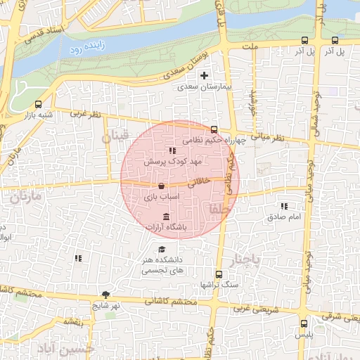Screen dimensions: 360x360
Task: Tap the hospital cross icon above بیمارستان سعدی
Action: pyautogui.click(x=205, y=75)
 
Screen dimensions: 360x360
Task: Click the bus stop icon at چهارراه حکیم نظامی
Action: pyautogui.click(x=214, y=129)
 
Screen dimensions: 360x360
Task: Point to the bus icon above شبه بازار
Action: pyautogui.click(x=38, y=104)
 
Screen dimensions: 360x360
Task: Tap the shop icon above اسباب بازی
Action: pyautogui.click(x=162, y=186)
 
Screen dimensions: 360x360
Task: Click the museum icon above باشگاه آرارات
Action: pyautogui.click(x=165, y=216)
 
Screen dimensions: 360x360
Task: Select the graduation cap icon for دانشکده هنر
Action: pyautogui.click(x=162, y=250)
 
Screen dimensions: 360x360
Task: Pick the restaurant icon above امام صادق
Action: pyautogui.click(x=284, y=206)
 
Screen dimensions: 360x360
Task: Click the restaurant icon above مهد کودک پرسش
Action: pyautogui.click(x=172, y=150)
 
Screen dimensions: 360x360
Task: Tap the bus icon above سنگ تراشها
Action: pyautogui.click(x=219, y=274)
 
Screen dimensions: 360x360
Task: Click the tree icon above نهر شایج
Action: pyautogui.click(x=105, y=295)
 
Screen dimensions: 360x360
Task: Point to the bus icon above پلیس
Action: pyautogui.click(x=304, y=324)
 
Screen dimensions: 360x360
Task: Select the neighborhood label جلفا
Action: pyautogui.click(x=214, y=209)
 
